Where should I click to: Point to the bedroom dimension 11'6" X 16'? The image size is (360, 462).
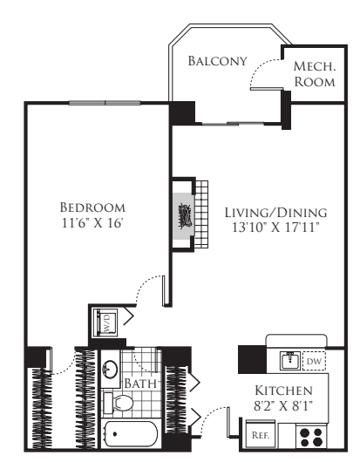click(x=92, y=222)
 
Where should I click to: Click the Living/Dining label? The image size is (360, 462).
click(x=275, y=212)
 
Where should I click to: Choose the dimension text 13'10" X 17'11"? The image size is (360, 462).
click(x=275, y=228)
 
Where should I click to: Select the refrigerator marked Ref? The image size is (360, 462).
click(x=259, y=433)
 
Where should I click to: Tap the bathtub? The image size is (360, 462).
click(x=132, y=433)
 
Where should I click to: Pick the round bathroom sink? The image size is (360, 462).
click(x=112, y=368)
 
